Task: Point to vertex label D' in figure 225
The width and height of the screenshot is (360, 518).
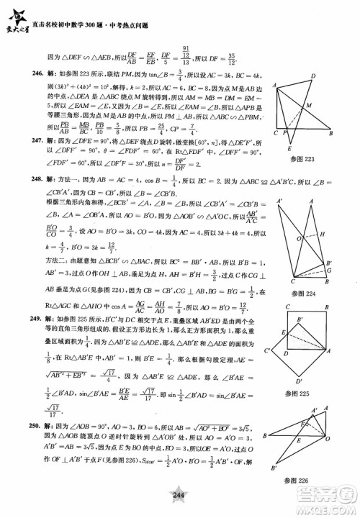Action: click(x=300, y=382)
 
